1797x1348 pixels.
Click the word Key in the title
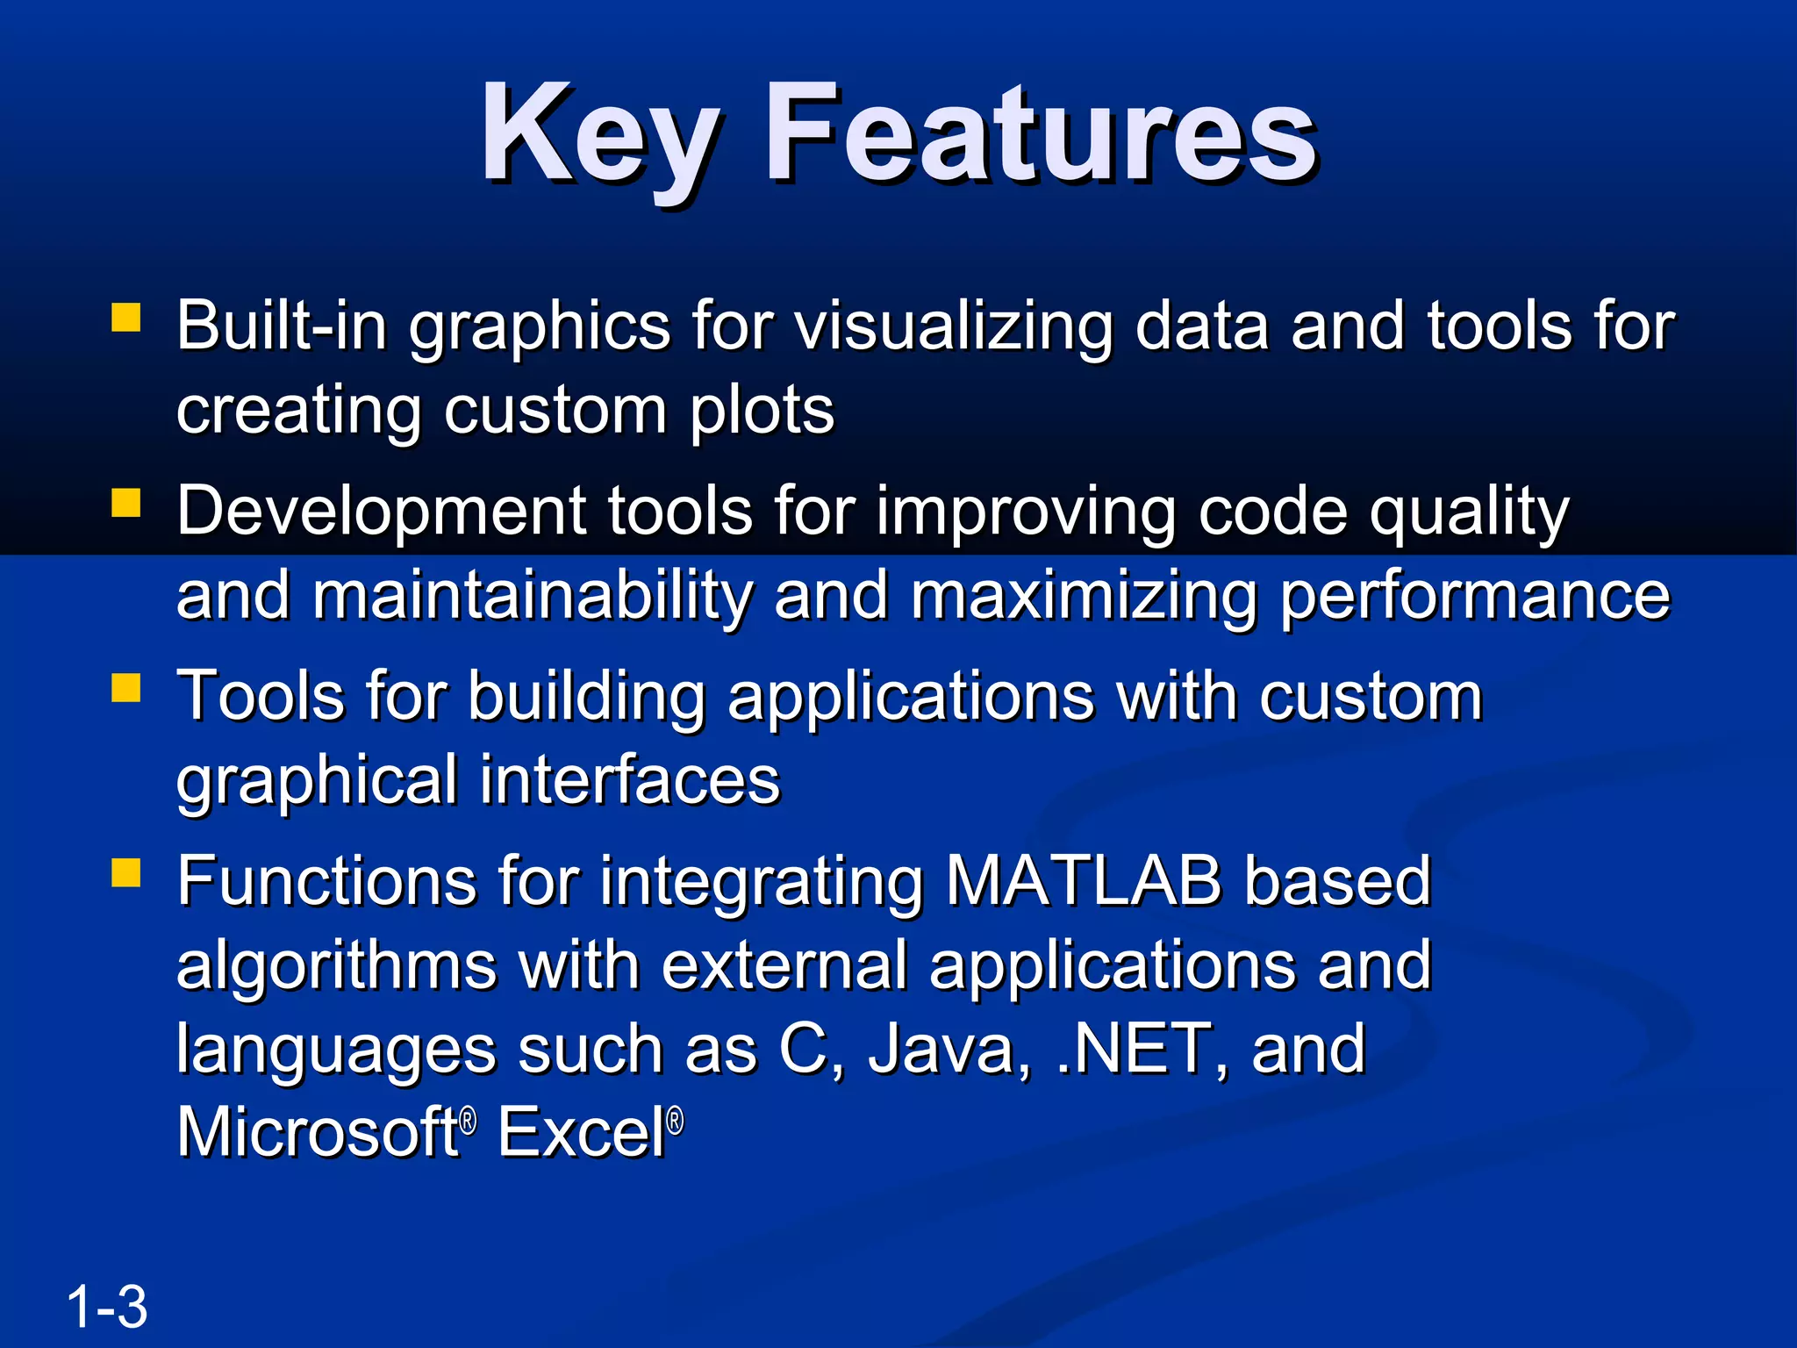tap(601, 136)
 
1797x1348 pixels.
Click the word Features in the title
tap(1040, 136)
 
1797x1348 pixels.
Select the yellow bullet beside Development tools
tap(126, 503)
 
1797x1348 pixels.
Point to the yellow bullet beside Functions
tap(126, 873)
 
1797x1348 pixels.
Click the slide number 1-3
tap(107, 1307)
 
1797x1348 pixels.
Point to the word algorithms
tap(336, 965)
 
